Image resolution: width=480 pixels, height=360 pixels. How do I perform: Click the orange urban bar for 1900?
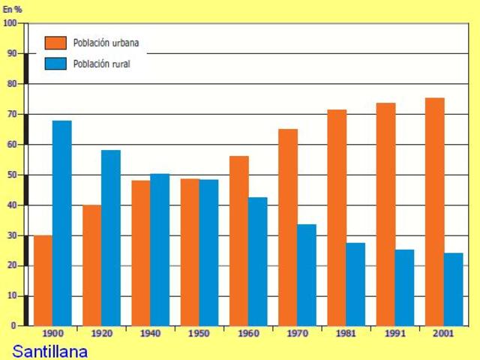(x=43, y=280)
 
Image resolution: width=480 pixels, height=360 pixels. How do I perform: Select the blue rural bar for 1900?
(x=62, y=223)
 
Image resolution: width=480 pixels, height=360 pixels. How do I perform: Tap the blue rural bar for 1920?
(x=111, y=238)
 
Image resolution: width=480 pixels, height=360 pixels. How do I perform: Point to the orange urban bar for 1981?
(x=337, y=217)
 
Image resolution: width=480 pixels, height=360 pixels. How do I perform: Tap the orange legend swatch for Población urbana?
(x=55, y=43)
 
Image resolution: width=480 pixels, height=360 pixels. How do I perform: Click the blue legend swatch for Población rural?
(x=55, y=64)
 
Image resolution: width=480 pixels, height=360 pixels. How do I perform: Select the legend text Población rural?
(x=101, y=64)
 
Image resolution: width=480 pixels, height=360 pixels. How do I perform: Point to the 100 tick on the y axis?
(x=10, y=23)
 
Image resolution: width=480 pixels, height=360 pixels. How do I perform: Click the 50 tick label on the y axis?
(x=11, y=175)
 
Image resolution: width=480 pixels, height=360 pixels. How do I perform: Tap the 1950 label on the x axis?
(x=199, y=333)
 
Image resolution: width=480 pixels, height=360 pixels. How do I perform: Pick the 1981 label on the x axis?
(x=346, y=333)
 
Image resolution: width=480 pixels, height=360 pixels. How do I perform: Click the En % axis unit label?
(x=13, y=10)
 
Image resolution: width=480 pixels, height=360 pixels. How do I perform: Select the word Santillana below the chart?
(x=50, y=351)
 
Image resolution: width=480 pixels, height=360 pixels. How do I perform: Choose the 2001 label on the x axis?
(x=444, y=333)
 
